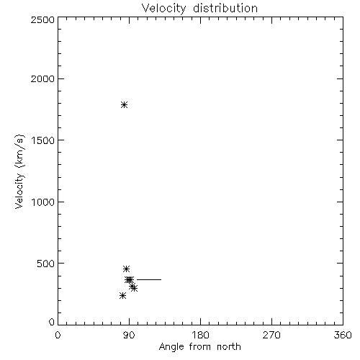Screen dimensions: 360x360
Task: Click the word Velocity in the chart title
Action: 164,9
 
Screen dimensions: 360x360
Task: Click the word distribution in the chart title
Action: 225,8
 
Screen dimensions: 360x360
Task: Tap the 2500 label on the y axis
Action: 42,19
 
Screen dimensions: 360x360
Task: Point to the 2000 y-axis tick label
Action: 42,78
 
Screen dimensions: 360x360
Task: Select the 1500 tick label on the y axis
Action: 43,140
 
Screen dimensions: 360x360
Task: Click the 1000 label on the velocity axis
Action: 43,202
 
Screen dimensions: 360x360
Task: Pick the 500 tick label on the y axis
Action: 45,264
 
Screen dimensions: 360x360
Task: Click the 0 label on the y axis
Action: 52,322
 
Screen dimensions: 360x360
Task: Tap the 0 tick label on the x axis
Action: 58,335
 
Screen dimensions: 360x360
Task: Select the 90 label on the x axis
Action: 129,335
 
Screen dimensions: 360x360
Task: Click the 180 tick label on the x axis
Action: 200,335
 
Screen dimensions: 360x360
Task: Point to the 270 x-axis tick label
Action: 271,335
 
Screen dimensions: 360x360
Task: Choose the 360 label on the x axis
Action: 343,335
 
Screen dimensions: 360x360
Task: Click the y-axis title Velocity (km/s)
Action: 19,171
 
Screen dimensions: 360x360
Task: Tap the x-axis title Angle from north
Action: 200,347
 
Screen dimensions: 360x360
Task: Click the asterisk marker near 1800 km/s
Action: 124,104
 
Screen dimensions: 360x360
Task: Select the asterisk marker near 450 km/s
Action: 126,269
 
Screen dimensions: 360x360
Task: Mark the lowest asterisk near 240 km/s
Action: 122,296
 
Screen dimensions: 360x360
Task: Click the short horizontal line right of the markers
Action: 149,279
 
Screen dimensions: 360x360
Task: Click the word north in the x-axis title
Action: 229,346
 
